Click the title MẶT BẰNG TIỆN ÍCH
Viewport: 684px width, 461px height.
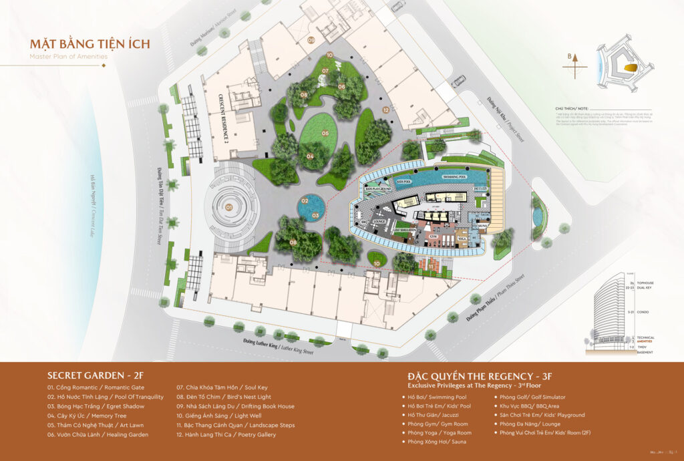90,45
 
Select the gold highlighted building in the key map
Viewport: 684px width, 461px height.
629,68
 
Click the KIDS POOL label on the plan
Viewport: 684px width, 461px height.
402,181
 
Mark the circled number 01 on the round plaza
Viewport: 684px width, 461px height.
229,207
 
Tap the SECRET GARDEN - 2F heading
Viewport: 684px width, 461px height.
92,375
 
